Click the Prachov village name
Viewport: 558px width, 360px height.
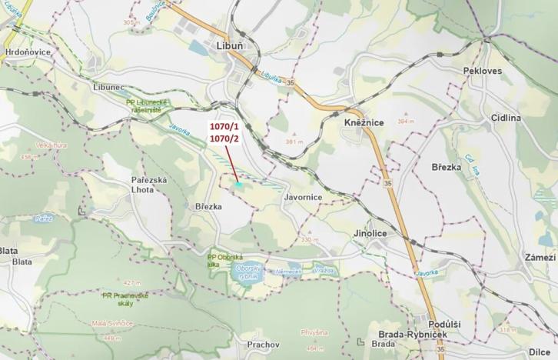263,345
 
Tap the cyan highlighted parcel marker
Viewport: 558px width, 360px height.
239,185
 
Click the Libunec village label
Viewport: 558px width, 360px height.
108,87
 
